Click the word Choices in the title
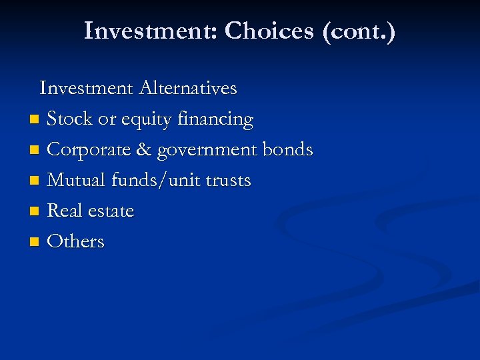tap(270, 31)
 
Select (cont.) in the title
tap(359, 31)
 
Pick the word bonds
tap(288, 150)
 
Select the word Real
tap(64, 211)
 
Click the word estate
tap(110, 211)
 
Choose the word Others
tap(76, 241)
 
